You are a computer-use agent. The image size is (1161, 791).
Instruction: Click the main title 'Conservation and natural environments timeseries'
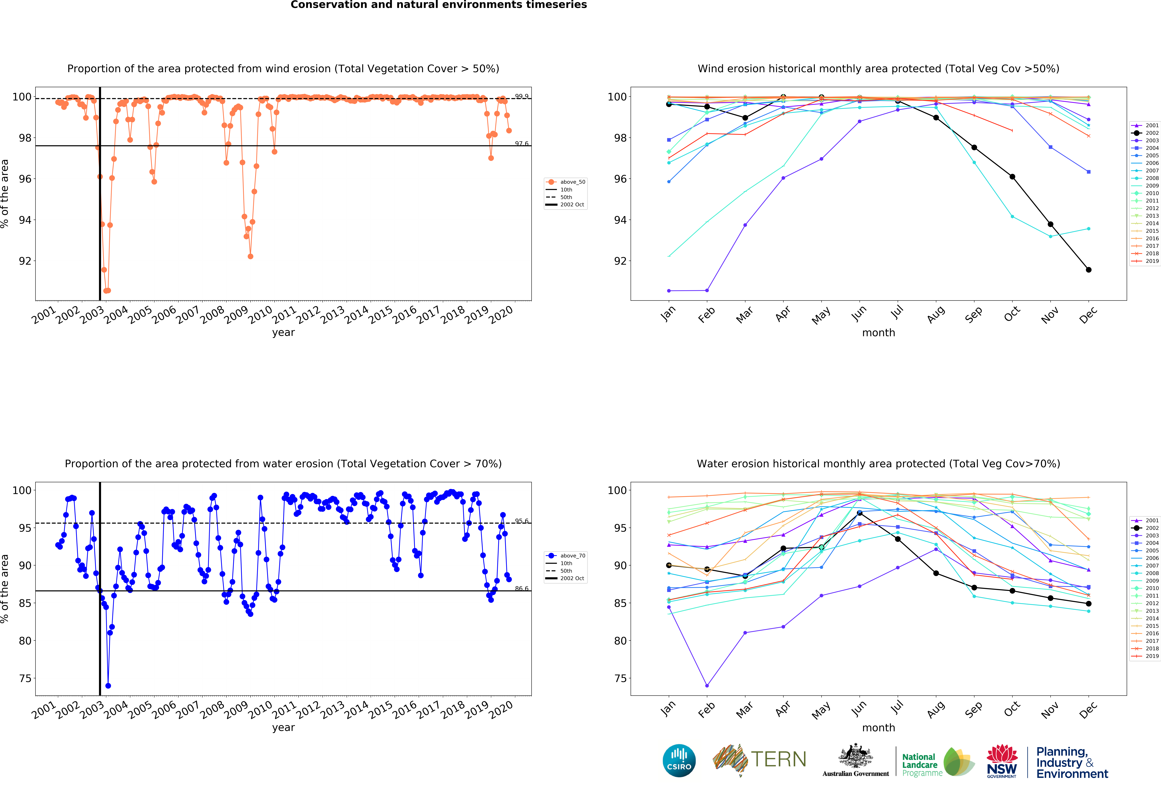(x=439, y=5)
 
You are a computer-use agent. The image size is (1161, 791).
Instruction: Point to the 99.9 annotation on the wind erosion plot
(x=522, y=96)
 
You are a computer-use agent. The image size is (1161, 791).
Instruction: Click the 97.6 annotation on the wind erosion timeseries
(x=522, y=144)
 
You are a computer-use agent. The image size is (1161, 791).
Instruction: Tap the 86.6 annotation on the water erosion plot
(x=522, y=589)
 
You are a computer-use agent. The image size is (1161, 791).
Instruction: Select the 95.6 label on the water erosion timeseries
(x=522, y=521)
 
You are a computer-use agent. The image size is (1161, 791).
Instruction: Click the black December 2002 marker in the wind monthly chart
(x=1089, y=270)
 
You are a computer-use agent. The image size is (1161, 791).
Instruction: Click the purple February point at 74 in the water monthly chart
(x=707, y=686)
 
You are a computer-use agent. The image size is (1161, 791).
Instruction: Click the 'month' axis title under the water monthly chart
(x=878, y=728)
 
